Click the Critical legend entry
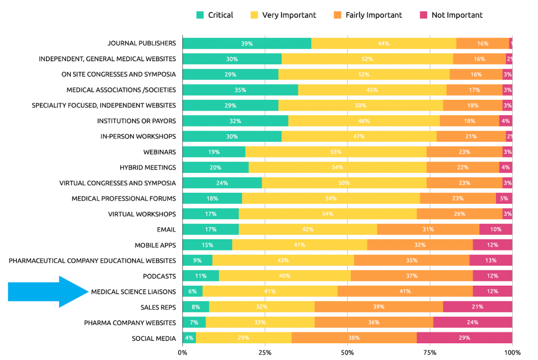(x=215, y=15)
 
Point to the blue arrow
(x=48, y=291)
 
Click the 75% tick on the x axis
(x=430, y=352)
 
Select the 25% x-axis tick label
(x=265, y=352)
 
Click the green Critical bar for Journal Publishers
(x=247, y=43)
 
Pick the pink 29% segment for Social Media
(x=464, y=338)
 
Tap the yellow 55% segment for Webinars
(x=336, y=152)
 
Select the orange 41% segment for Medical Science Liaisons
(x=405, y=291)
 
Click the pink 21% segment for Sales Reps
(x=477, y=307)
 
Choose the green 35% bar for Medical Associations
(x=240, y=90)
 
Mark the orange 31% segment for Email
(x=428, y=229)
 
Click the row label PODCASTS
(x=159, y=276)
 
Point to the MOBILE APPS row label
(x=155, y=245)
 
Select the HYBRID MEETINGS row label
(x=148, y=167)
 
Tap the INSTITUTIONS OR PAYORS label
(x=136, y=121)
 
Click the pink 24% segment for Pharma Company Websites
(x=472, y=322)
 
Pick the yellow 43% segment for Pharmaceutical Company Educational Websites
(x=283, y=260)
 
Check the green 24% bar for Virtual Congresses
(x=222, y=183)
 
